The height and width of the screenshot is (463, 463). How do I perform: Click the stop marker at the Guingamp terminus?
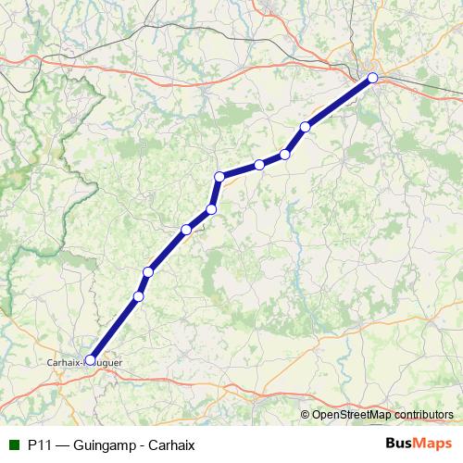(372, 79)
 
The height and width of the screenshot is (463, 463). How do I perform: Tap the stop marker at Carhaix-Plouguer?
(90, 359)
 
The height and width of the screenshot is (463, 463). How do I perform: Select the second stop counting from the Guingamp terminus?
(305, 127)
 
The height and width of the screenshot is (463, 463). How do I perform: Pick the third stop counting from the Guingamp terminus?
(285, 154)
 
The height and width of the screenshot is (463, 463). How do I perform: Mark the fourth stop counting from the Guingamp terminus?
(259, 165)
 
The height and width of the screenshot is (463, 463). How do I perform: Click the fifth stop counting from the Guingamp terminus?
(219, 176)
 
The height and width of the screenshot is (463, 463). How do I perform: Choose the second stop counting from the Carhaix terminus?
(139, 296)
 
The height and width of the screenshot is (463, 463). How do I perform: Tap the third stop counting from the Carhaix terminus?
(147, 271)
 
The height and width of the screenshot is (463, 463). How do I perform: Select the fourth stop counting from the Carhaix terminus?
(186, 230)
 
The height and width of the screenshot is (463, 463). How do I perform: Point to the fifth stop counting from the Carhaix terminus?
(211, 209)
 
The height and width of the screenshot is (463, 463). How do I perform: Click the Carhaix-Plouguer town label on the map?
(83, 363)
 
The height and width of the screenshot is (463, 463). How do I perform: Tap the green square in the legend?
(13, 444)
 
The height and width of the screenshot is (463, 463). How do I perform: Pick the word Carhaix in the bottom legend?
(172, 444)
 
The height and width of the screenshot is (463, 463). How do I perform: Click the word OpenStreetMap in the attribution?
(351, 414)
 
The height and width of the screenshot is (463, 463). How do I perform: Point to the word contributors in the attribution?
(422, 414)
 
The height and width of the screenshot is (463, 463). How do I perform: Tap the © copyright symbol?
(306, 414)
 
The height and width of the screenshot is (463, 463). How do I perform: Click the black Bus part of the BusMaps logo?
(401, 444)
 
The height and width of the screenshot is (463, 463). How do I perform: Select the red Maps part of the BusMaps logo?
(435, 444)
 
